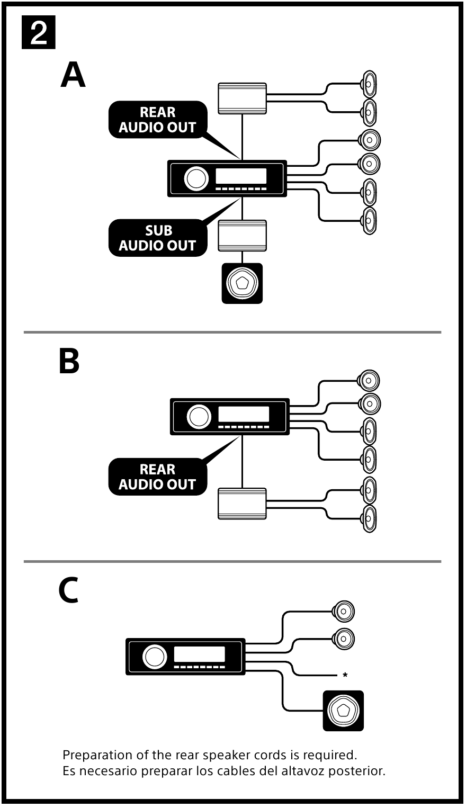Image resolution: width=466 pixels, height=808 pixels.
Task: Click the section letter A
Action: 73,75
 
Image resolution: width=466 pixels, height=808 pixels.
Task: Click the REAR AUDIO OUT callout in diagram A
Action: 157,120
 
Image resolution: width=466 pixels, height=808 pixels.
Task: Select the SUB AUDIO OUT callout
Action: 157,238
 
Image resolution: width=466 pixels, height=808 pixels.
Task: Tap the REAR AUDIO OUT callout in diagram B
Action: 157,477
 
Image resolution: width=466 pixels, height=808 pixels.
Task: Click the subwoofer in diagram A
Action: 242,283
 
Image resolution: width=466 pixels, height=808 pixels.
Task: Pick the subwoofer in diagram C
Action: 343,711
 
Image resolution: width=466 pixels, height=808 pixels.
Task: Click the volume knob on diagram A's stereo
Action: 196,178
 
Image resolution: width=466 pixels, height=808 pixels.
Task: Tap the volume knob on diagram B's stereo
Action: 199,417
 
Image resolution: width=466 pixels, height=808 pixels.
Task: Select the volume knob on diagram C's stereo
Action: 154,657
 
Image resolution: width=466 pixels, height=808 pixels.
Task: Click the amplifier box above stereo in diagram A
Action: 242,98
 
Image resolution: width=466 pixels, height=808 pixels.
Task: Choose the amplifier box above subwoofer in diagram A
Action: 242,236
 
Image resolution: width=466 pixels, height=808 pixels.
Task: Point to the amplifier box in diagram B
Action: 242,504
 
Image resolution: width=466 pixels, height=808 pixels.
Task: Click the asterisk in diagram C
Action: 345,676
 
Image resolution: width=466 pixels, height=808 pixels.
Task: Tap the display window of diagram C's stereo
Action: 199,653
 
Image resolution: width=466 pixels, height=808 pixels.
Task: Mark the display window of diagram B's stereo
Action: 244,414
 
